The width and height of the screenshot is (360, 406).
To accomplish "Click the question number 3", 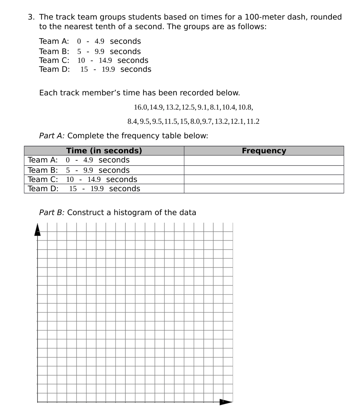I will tap(31, 17).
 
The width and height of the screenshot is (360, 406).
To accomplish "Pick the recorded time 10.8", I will tap(245, 107).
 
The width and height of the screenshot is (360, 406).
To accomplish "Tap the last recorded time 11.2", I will tap(253, 122).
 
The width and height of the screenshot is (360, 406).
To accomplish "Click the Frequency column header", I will tap(264, 151).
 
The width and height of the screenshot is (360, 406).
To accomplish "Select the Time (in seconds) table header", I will tap(104, 151).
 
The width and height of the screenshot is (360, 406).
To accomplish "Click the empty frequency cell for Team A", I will tap(264, 160).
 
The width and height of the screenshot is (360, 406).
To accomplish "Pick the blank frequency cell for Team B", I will tap(264, 170).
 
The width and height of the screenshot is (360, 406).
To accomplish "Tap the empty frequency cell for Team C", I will tap(264, 179).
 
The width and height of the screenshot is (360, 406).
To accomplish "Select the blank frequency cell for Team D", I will tap(264, 189).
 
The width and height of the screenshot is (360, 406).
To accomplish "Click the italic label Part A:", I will tap(52, 136).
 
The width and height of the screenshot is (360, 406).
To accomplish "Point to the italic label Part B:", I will tap(52, 212).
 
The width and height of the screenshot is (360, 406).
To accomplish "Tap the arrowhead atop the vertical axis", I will tap(38, 229).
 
